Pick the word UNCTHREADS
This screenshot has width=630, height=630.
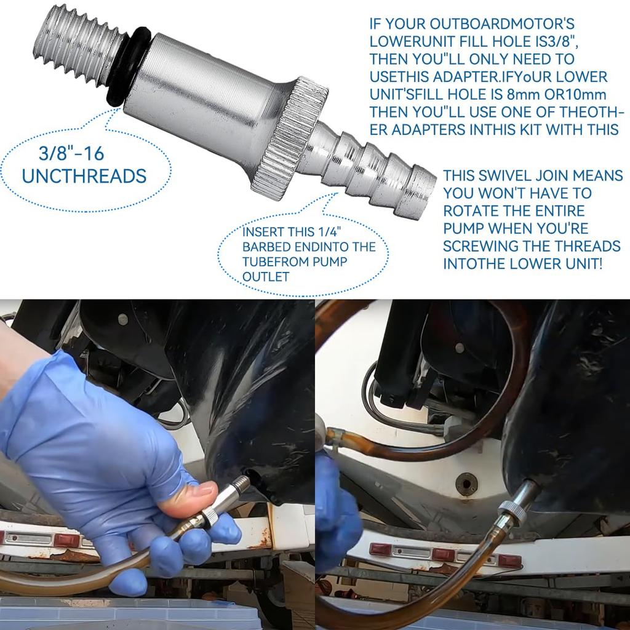(84, 177)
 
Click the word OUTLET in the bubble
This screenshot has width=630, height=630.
(265, 277)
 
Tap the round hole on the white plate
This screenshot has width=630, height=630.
(466, 484)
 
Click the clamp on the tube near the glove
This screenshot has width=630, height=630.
(333, 437)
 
